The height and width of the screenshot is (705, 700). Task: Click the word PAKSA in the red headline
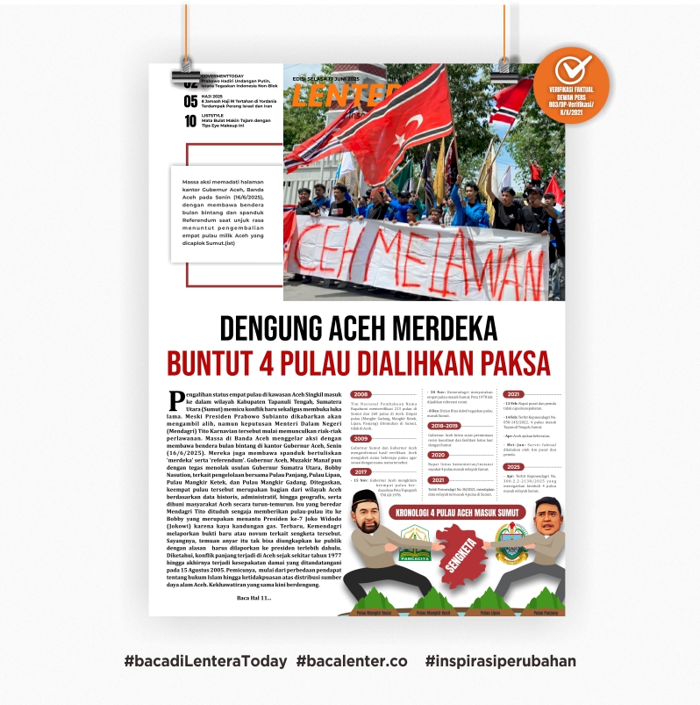pyautogui.click(x=506, y=362)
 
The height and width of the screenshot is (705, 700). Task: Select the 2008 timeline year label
pyautogui.click(x=361, y=395)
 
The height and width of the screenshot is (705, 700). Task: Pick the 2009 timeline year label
pyautogui.click(x=361, y=438)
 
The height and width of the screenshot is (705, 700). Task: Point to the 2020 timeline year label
pyautogui.click(x=439, y=455)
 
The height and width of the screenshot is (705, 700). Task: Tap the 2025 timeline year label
pyautogui.click(x=514, y=467)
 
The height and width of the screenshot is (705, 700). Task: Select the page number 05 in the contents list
pyautogui.click(x=190, y=101)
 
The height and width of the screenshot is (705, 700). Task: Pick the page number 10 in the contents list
pyautogui.click(x=190, y=121)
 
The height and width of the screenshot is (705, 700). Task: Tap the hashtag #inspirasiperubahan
pyautogui.click(x=500, y=661)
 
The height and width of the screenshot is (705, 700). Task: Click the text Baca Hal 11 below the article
pyautogui.click(x=254, y=598)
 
